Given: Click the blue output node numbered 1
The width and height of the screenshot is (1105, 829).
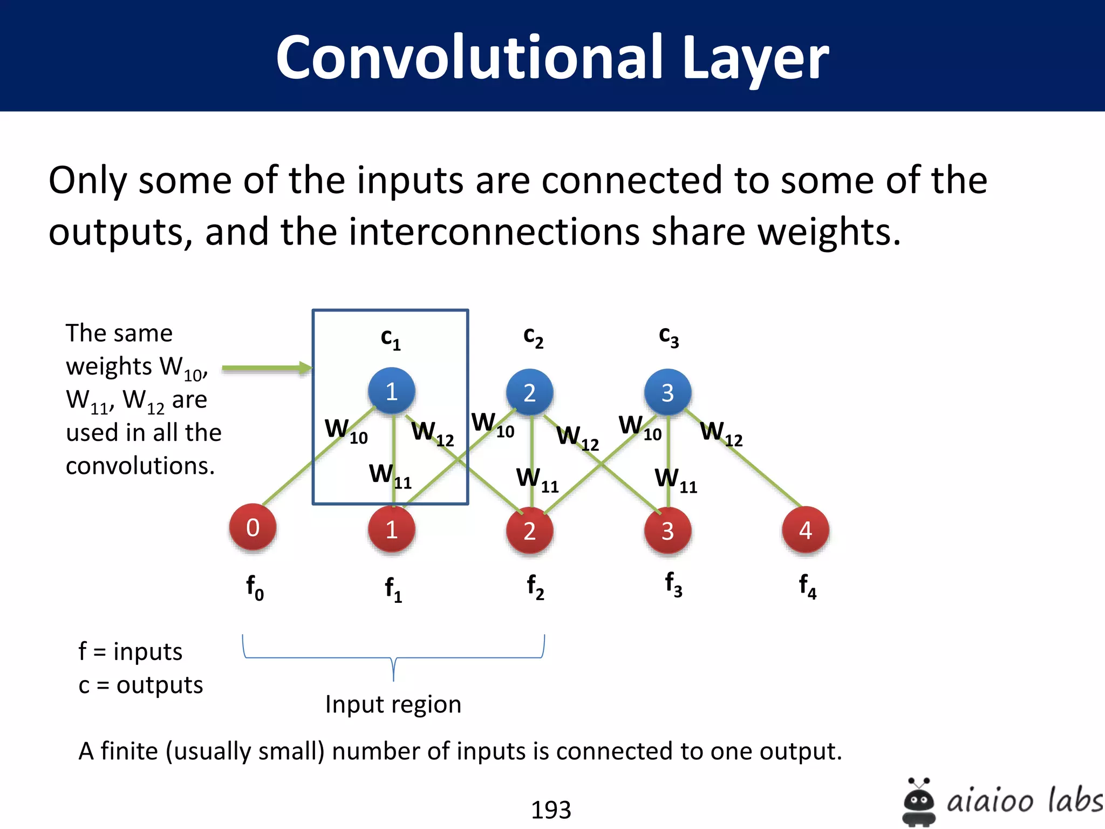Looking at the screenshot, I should pyautogui.click(x=392, y=391).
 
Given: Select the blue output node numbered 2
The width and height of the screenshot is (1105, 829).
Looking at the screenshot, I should pyautogui.click(x=530, y=392).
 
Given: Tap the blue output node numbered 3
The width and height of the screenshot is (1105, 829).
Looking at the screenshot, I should pyautogui.click(x=668, y=392).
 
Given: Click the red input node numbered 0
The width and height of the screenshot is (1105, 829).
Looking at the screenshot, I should pyautogui.click(x=253, y=527).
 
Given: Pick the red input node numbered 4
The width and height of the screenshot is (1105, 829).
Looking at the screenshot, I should pyautogui.click(x=806, y=531).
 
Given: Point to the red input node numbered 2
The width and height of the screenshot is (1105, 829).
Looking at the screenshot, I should pyautogui.click(x=530, y=531).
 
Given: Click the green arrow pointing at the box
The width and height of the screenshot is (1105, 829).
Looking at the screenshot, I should pyautogui.click(x=267, y=369).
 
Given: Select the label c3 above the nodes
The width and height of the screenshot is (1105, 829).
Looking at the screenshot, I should pyautogui.click(x=669, y=337).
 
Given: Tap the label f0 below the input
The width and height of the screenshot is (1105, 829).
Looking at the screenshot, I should pyautogui.click(x=255, y=587).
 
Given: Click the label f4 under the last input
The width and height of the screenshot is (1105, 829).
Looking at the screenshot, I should pyautogui.click(x=807, y=586).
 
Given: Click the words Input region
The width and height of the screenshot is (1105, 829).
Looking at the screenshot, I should pyautogui.click(x=393, y=704).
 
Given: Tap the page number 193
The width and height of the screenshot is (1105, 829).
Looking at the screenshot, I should pyautogui.click(x=551, y=810).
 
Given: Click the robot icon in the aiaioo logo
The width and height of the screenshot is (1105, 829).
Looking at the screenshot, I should pyautogui.click(x=919, y=801).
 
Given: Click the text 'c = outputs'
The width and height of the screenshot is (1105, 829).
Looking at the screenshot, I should pyautogui.click(x=141, y=685).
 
